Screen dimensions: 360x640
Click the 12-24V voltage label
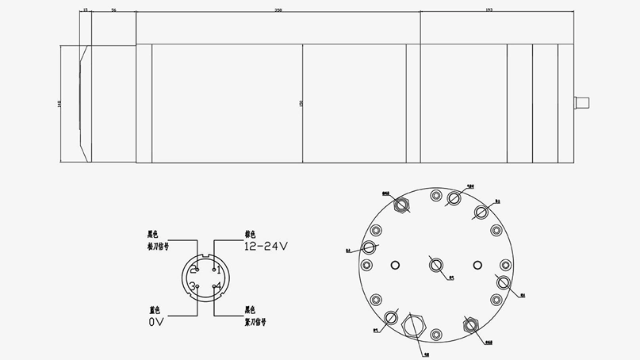(x=266, y=247)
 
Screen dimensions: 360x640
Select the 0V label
(x=155, y=323)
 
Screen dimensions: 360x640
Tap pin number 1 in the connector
(x=217, y=270)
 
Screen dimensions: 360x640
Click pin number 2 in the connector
(x=194, y=270)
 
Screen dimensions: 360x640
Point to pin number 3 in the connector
(x=194, y=286)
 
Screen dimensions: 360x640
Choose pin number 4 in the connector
(x=217, y=286)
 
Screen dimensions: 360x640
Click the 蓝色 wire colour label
(x=155, y=310)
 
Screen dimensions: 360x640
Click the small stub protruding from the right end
(x=582, y=103)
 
